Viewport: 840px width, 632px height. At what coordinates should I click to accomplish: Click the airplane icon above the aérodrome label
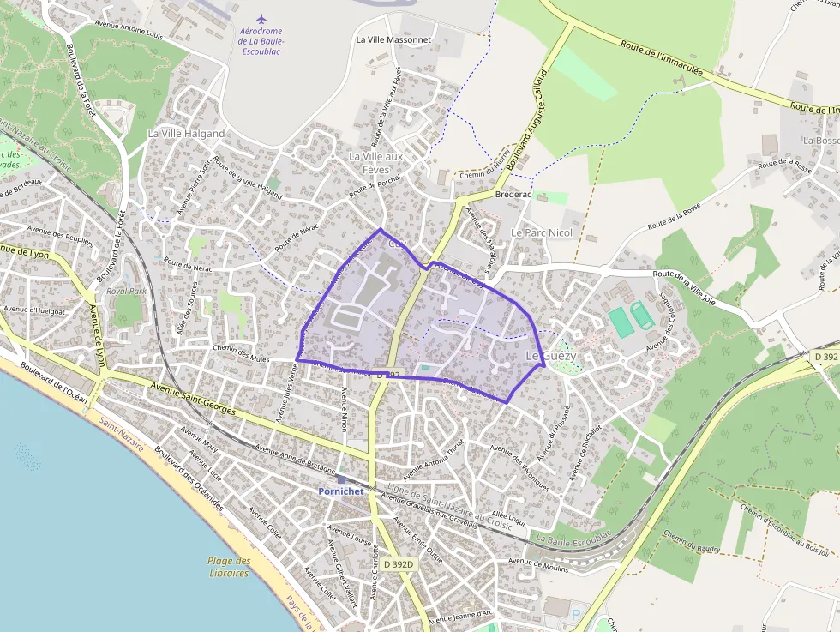click(261, 18)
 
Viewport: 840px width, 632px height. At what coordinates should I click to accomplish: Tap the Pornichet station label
click(340, 491)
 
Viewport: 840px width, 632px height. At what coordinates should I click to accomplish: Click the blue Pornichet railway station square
click(342, 479)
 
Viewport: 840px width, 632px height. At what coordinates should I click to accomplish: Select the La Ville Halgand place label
click(186, 134)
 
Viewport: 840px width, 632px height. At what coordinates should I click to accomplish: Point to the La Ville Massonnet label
click(393, 39)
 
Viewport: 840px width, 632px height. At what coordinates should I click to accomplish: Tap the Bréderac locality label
click(513, 195)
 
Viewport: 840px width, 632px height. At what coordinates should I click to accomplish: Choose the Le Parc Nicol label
click(541, 232)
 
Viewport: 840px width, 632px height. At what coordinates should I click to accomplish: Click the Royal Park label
click(127, 292)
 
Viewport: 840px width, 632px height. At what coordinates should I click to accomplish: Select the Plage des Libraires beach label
click(229, 567)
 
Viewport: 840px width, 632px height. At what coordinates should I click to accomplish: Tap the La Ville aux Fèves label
click(375, 162)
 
